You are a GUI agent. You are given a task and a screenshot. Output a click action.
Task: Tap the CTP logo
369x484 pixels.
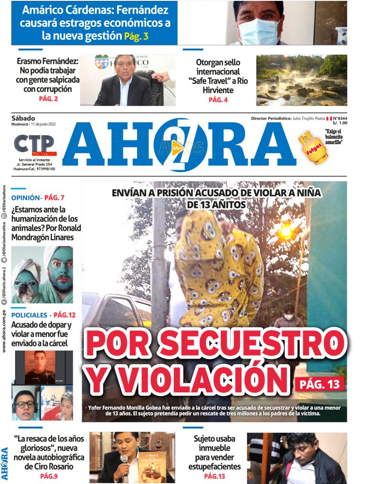(34, 144)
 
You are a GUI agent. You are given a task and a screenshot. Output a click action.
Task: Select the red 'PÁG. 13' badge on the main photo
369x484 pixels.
(319, 384)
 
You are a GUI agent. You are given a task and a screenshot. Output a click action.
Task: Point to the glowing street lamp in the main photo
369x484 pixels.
(286, 231)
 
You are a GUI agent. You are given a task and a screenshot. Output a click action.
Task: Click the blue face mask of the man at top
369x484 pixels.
(259, 31)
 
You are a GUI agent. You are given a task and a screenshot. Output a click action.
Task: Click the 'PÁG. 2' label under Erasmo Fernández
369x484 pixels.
(48, 99)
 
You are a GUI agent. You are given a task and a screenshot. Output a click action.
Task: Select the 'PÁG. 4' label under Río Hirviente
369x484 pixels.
(218, 100)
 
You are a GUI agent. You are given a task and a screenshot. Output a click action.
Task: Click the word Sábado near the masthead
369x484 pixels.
(23, 118)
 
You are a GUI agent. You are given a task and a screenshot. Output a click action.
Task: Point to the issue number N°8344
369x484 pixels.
(339, 118)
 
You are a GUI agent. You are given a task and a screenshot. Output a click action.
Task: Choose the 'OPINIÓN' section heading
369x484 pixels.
(26, 198)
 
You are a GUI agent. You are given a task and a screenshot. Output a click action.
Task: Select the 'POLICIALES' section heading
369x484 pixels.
(29, 315)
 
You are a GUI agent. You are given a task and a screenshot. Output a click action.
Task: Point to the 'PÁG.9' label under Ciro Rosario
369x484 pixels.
(49, 476)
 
